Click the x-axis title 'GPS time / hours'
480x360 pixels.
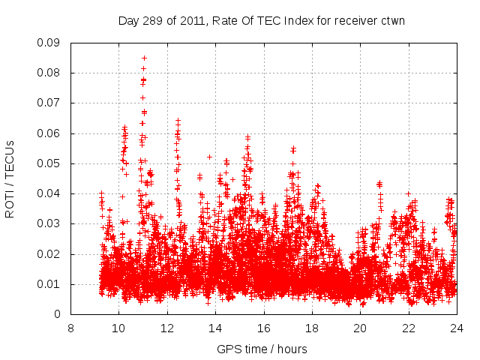262,349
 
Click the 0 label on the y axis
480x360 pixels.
58,314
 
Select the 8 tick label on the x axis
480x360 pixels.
70,328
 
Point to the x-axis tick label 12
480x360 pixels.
167,328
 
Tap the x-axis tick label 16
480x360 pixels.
264,328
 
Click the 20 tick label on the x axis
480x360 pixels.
361,328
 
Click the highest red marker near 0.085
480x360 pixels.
144,58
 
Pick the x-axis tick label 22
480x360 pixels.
409,328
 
